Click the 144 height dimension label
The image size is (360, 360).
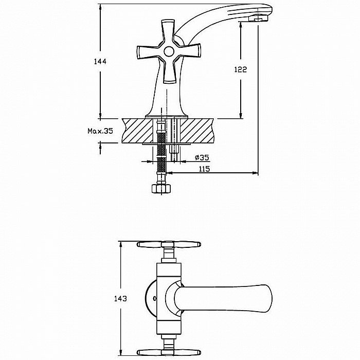(100, 62)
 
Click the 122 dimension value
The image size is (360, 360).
(240, 69)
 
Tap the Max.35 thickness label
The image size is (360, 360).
(100, 131)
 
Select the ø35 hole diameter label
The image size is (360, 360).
(202, 157)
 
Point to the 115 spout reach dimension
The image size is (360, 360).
(204, 169)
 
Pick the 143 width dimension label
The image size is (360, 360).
(120, 298)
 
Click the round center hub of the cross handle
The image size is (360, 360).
(169, 51)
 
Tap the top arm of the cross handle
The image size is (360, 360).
(168, 31)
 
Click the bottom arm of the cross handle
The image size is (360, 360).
(169, 71)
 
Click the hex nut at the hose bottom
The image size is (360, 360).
(161, 188)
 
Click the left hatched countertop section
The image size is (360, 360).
(137, 131)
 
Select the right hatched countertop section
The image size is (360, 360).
(197, 131)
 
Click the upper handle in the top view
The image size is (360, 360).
(169, 244)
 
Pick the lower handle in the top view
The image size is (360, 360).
(169, 352)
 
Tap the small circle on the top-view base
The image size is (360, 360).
(154, 298)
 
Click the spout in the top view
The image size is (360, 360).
(223, 299)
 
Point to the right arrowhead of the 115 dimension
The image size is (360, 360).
(255, 173)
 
